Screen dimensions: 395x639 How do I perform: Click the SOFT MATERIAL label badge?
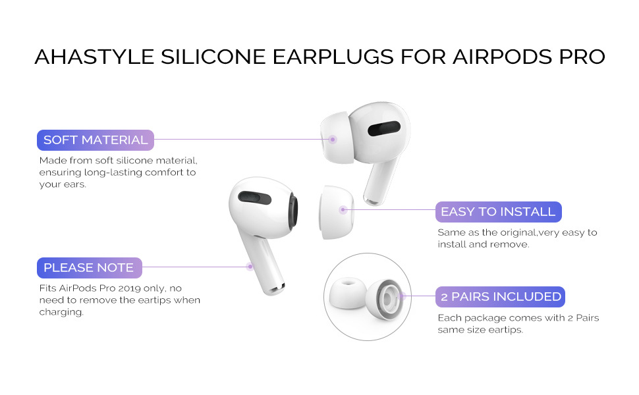tap(95, 140)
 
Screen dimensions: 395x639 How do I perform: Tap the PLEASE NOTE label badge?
tap(88, 268)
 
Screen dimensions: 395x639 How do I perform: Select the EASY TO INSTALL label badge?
tap(498, 212)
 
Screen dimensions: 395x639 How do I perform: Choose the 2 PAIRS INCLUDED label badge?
tap(501, 297)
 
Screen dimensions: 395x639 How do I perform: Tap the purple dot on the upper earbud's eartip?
tap(333, 139)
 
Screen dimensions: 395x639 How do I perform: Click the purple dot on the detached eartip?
tap(343, 210)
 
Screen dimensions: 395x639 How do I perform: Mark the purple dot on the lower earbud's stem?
tap(250, 267)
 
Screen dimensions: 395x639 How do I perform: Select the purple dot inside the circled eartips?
tap(403, 297)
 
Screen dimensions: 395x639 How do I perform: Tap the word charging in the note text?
tap(62, 312)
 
